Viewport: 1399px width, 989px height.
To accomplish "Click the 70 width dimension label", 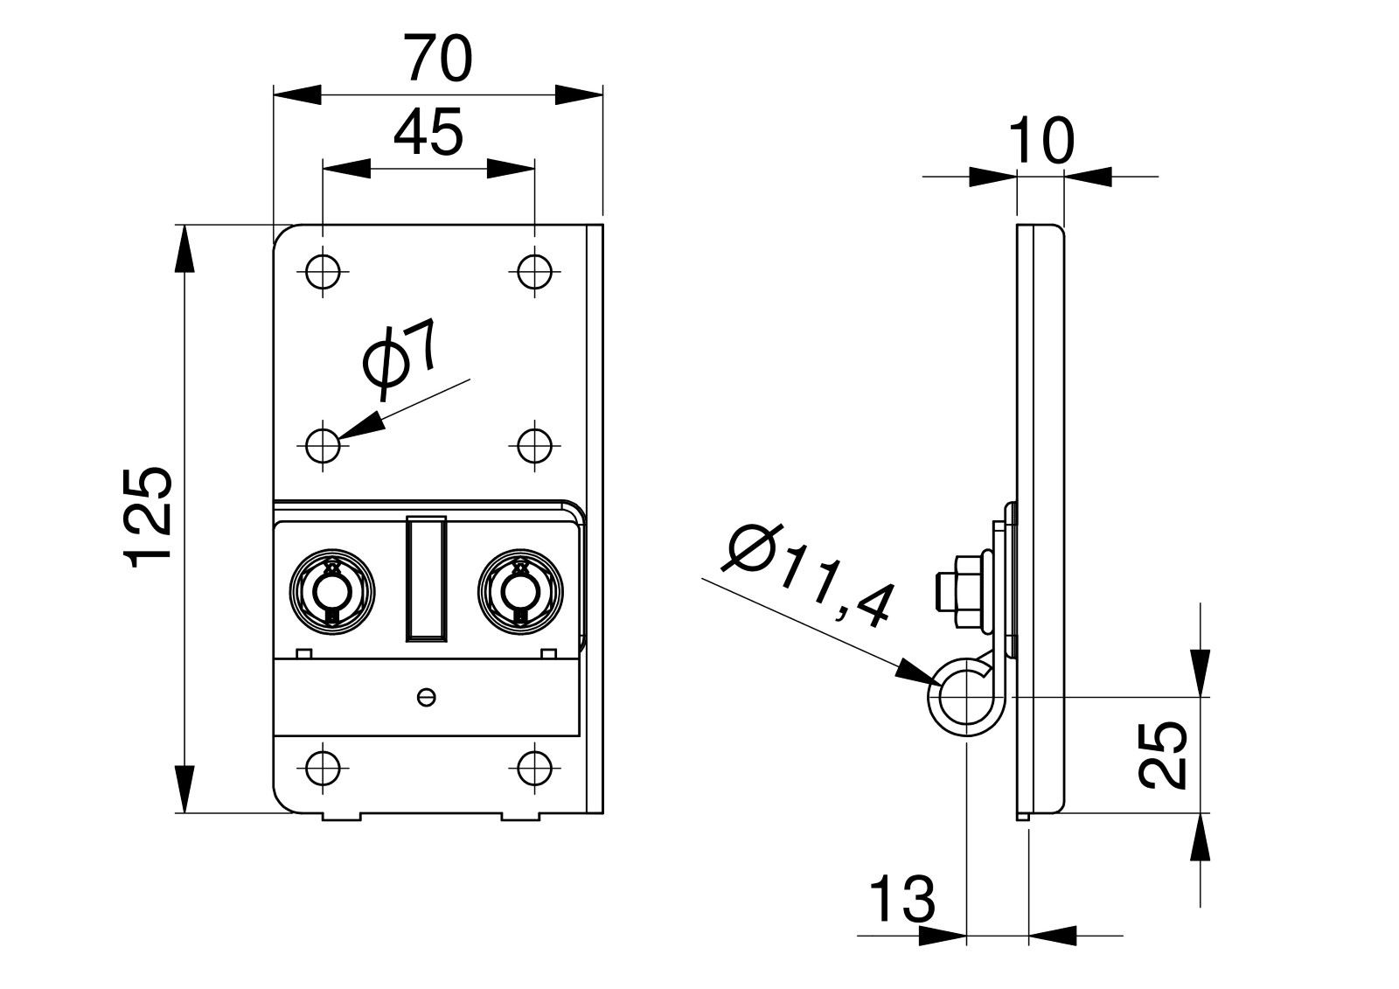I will [x=438, y=59].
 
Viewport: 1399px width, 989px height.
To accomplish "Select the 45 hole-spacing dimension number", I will [x=428, y=134].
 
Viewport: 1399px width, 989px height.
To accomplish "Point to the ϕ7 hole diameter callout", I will [x=400, y=354].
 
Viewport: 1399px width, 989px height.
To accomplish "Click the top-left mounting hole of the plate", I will [x=323, y=271].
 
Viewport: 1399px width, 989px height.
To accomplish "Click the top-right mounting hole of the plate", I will [x=533, y=271].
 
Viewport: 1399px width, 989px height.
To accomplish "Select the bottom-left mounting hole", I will [x=323, y=769].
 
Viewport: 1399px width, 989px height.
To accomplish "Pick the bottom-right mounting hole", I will [x=533, y=769].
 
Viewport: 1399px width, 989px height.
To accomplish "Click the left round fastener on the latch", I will [x=333, y=590].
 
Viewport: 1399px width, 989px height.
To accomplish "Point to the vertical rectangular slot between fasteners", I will [x=426, y=579].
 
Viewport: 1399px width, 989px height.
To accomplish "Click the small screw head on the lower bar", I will [x=427, y=697].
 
